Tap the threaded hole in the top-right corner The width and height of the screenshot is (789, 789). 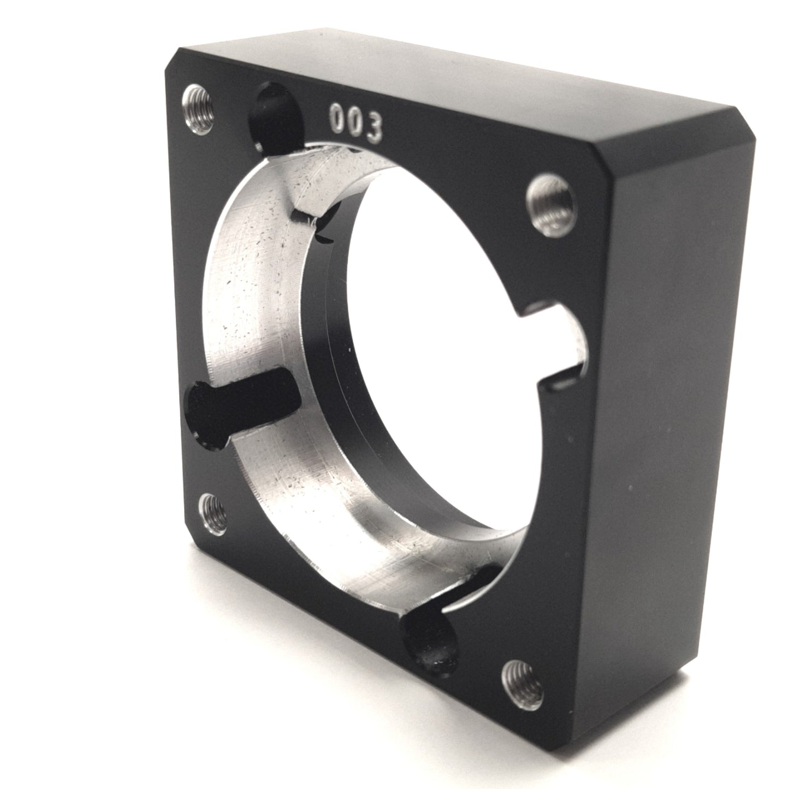[x=550, y=201]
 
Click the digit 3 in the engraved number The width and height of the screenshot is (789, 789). [x=373, y=127]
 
